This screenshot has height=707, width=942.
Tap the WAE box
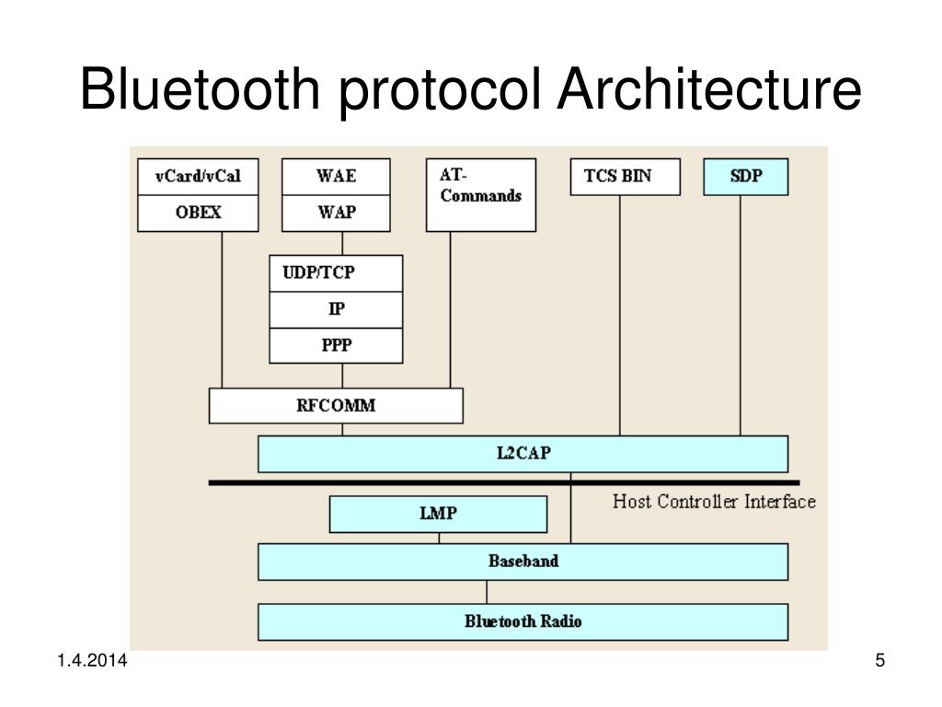coord(336,177)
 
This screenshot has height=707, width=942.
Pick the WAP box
coord(336,213)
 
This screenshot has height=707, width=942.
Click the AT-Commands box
coord(481,194)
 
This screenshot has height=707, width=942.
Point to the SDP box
coord(746,177)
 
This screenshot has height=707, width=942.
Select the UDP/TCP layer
coord(336,273)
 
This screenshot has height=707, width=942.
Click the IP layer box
coord(336,309)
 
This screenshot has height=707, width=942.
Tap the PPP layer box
coord(336,345)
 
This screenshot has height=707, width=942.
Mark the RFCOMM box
coord(336,405)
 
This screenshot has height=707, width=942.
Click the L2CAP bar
coord(523,454)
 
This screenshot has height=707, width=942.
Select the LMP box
coord(438,514)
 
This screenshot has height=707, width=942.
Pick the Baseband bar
coord(523,562)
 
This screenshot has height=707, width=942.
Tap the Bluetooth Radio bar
coord(523,621)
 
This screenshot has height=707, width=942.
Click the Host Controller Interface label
coord(714,502)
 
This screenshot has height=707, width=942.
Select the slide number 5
coord(879,662)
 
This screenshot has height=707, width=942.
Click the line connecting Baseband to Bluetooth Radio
coord(487,592)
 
